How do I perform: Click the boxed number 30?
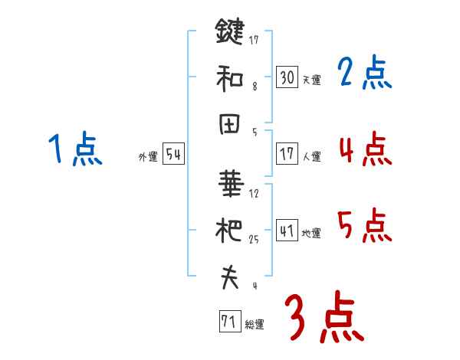point(287,77)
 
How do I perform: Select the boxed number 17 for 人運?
point(287,153)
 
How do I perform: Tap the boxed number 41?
point(287,230)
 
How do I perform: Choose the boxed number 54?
point(174,155)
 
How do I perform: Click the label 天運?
point(311,80)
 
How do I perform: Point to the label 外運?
point(148,157)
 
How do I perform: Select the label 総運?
point(254,324)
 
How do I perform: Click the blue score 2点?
point(365,74)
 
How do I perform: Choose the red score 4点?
point(365,149)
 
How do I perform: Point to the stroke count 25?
point(254,239)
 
